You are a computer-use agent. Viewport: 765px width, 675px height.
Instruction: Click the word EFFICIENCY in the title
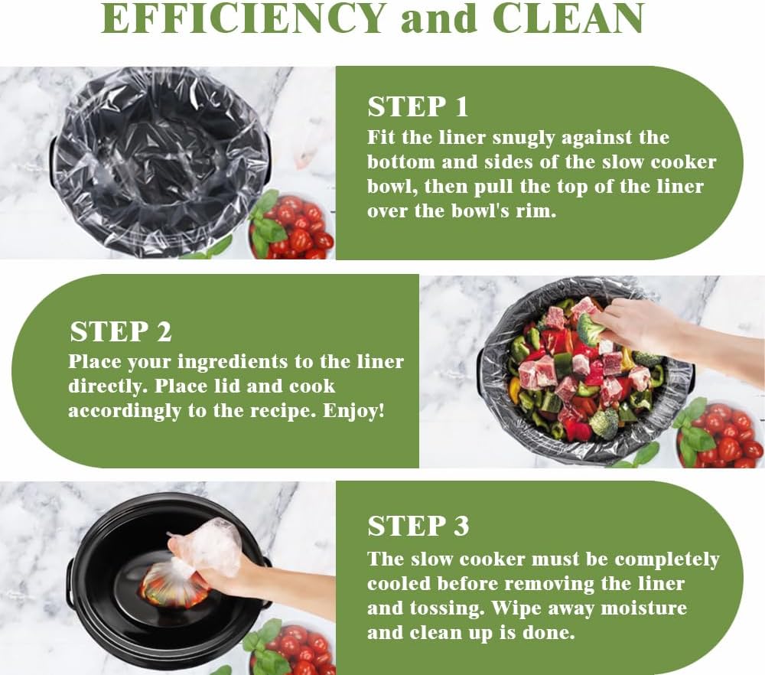pos(243,18)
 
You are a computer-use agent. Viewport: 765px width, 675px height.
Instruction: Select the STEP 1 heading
pos(417,107)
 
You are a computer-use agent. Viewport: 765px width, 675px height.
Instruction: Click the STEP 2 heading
pos(121,331)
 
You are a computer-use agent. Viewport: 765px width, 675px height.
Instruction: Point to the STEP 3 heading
pos(418,526)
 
